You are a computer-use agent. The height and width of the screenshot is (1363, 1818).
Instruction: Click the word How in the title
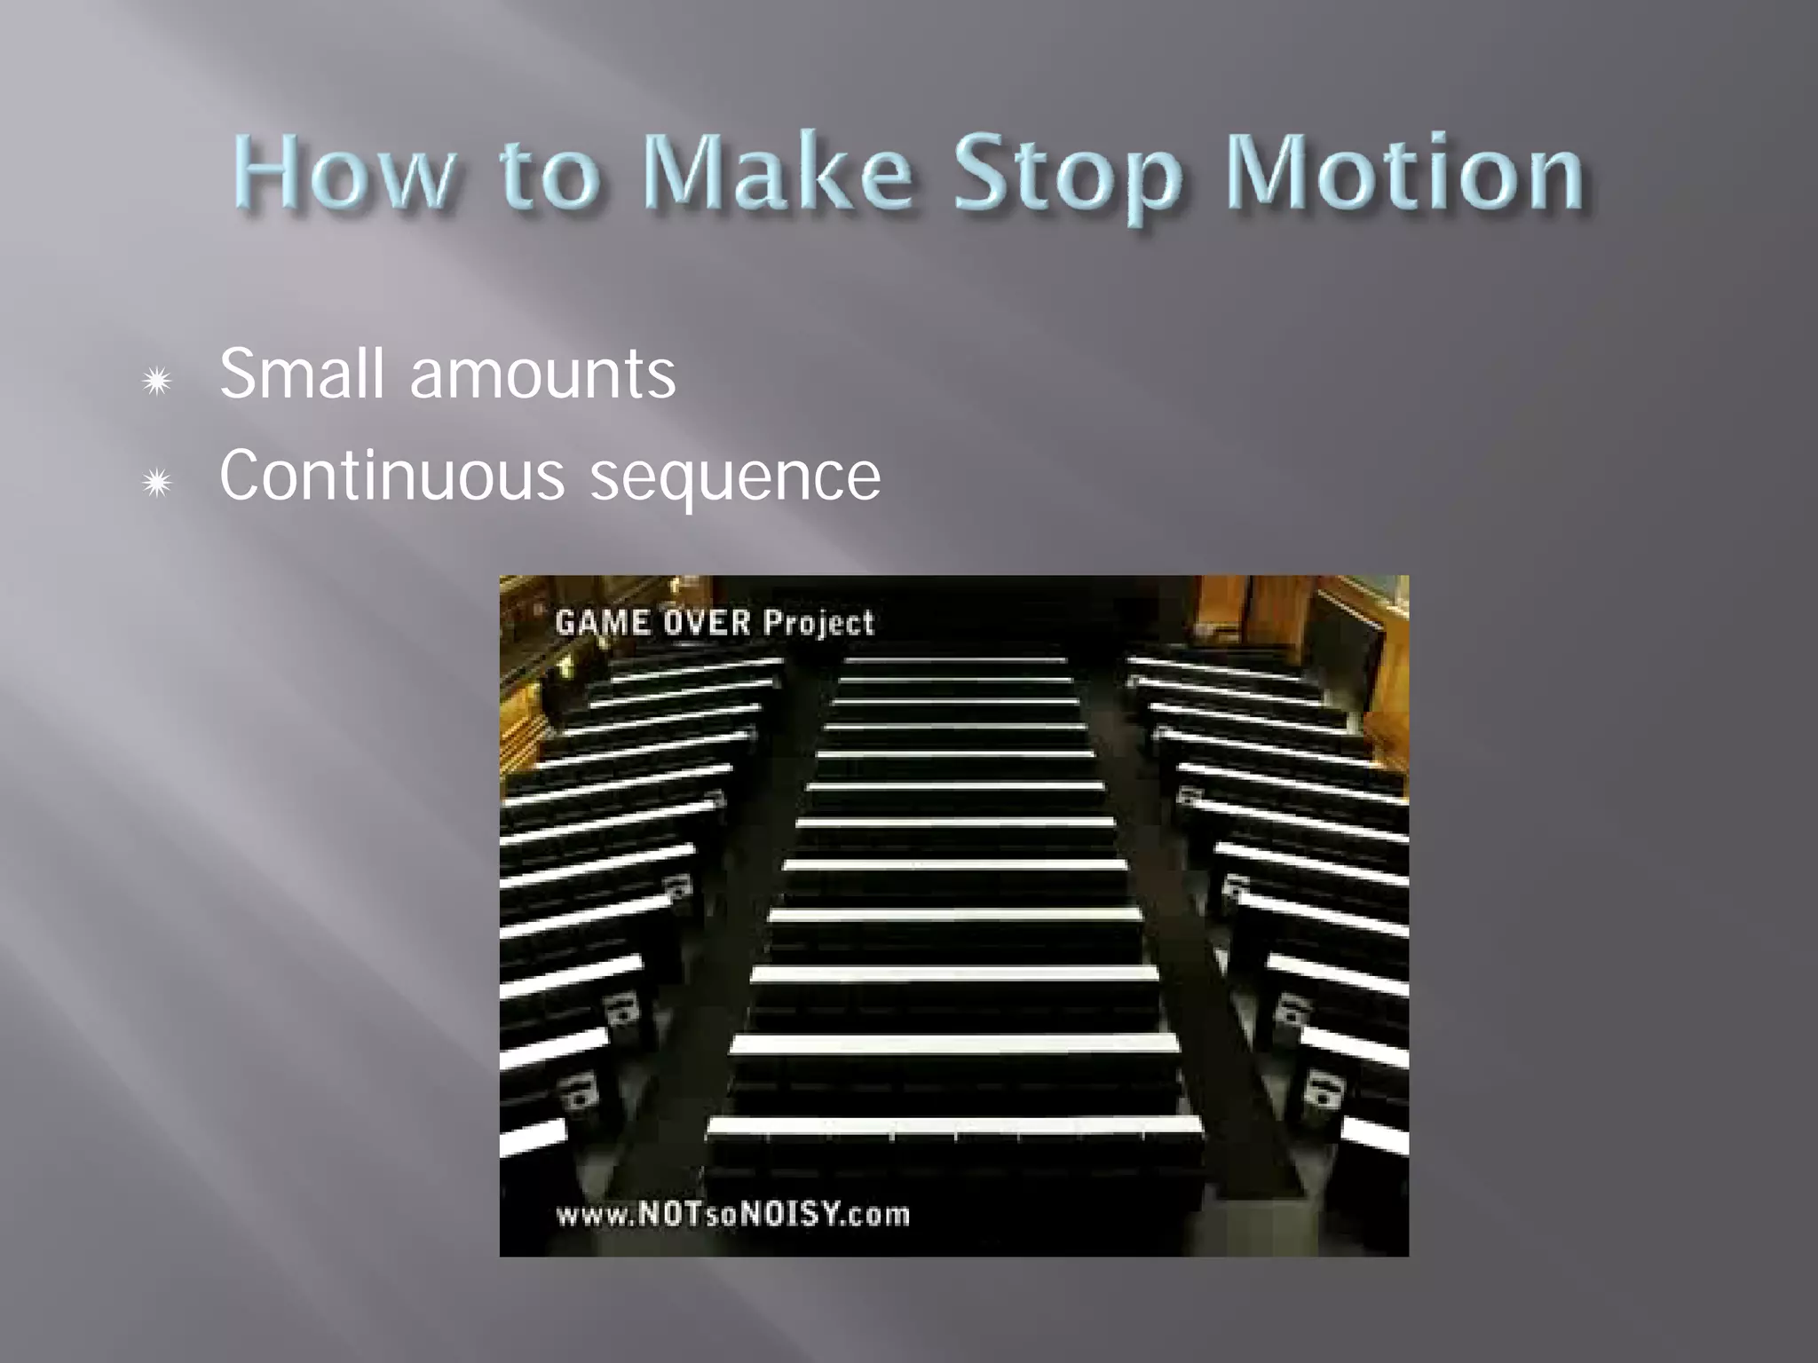(x=344, y=173)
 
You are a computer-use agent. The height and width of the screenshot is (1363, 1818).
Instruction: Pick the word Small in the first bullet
(x=301, y=374)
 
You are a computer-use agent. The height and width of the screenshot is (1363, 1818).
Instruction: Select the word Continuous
(x=391, y=476)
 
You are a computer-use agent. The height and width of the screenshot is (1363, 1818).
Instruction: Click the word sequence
(x=735, y=479)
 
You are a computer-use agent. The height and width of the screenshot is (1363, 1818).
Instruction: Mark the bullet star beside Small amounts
(x=157, y=382)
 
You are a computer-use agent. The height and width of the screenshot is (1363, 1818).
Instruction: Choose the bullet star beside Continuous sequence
(x=157, y=484)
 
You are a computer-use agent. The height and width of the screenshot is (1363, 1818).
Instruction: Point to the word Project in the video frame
(x=818, y=623)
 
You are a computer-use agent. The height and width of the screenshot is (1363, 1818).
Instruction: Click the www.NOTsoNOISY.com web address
(x=733, y=1214)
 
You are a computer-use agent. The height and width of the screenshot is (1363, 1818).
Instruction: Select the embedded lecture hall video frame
(x=953, y=915)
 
